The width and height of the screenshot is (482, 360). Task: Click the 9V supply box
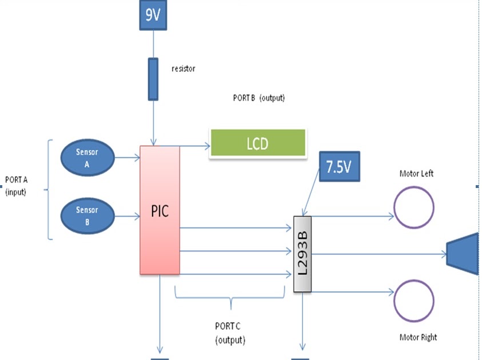click(x=153, y=17)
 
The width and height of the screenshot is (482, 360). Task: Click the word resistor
click(x=184, y=69)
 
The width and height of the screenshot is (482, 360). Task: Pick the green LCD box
click(x=257, y=143)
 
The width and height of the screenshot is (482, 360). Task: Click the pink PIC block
click(x=160, y=210)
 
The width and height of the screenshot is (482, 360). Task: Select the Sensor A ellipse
click(x=87, y=158)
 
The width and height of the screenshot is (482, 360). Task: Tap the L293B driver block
click(x=302, y=254)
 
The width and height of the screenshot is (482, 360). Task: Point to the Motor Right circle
click(x=413, y=300)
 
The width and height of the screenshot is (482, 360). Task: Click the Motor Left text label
click(x=416, y=173)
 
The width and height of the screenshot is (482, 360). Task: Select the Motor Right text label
click(x=418, y=337)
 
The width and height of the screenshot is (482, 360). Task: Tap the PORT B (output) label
click(x=259, y=98)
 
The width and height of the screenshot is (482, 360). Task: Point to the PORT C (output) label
click(x=230, y=333)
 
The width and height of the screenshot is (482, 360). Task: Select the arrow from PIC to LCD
click(x=194, y=146)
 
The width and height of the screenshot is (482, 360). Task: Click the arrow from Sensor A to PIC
click(x=127, y=155)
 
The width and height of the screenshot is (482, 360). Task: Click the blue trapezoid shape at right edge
click(x=464, y=254)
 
